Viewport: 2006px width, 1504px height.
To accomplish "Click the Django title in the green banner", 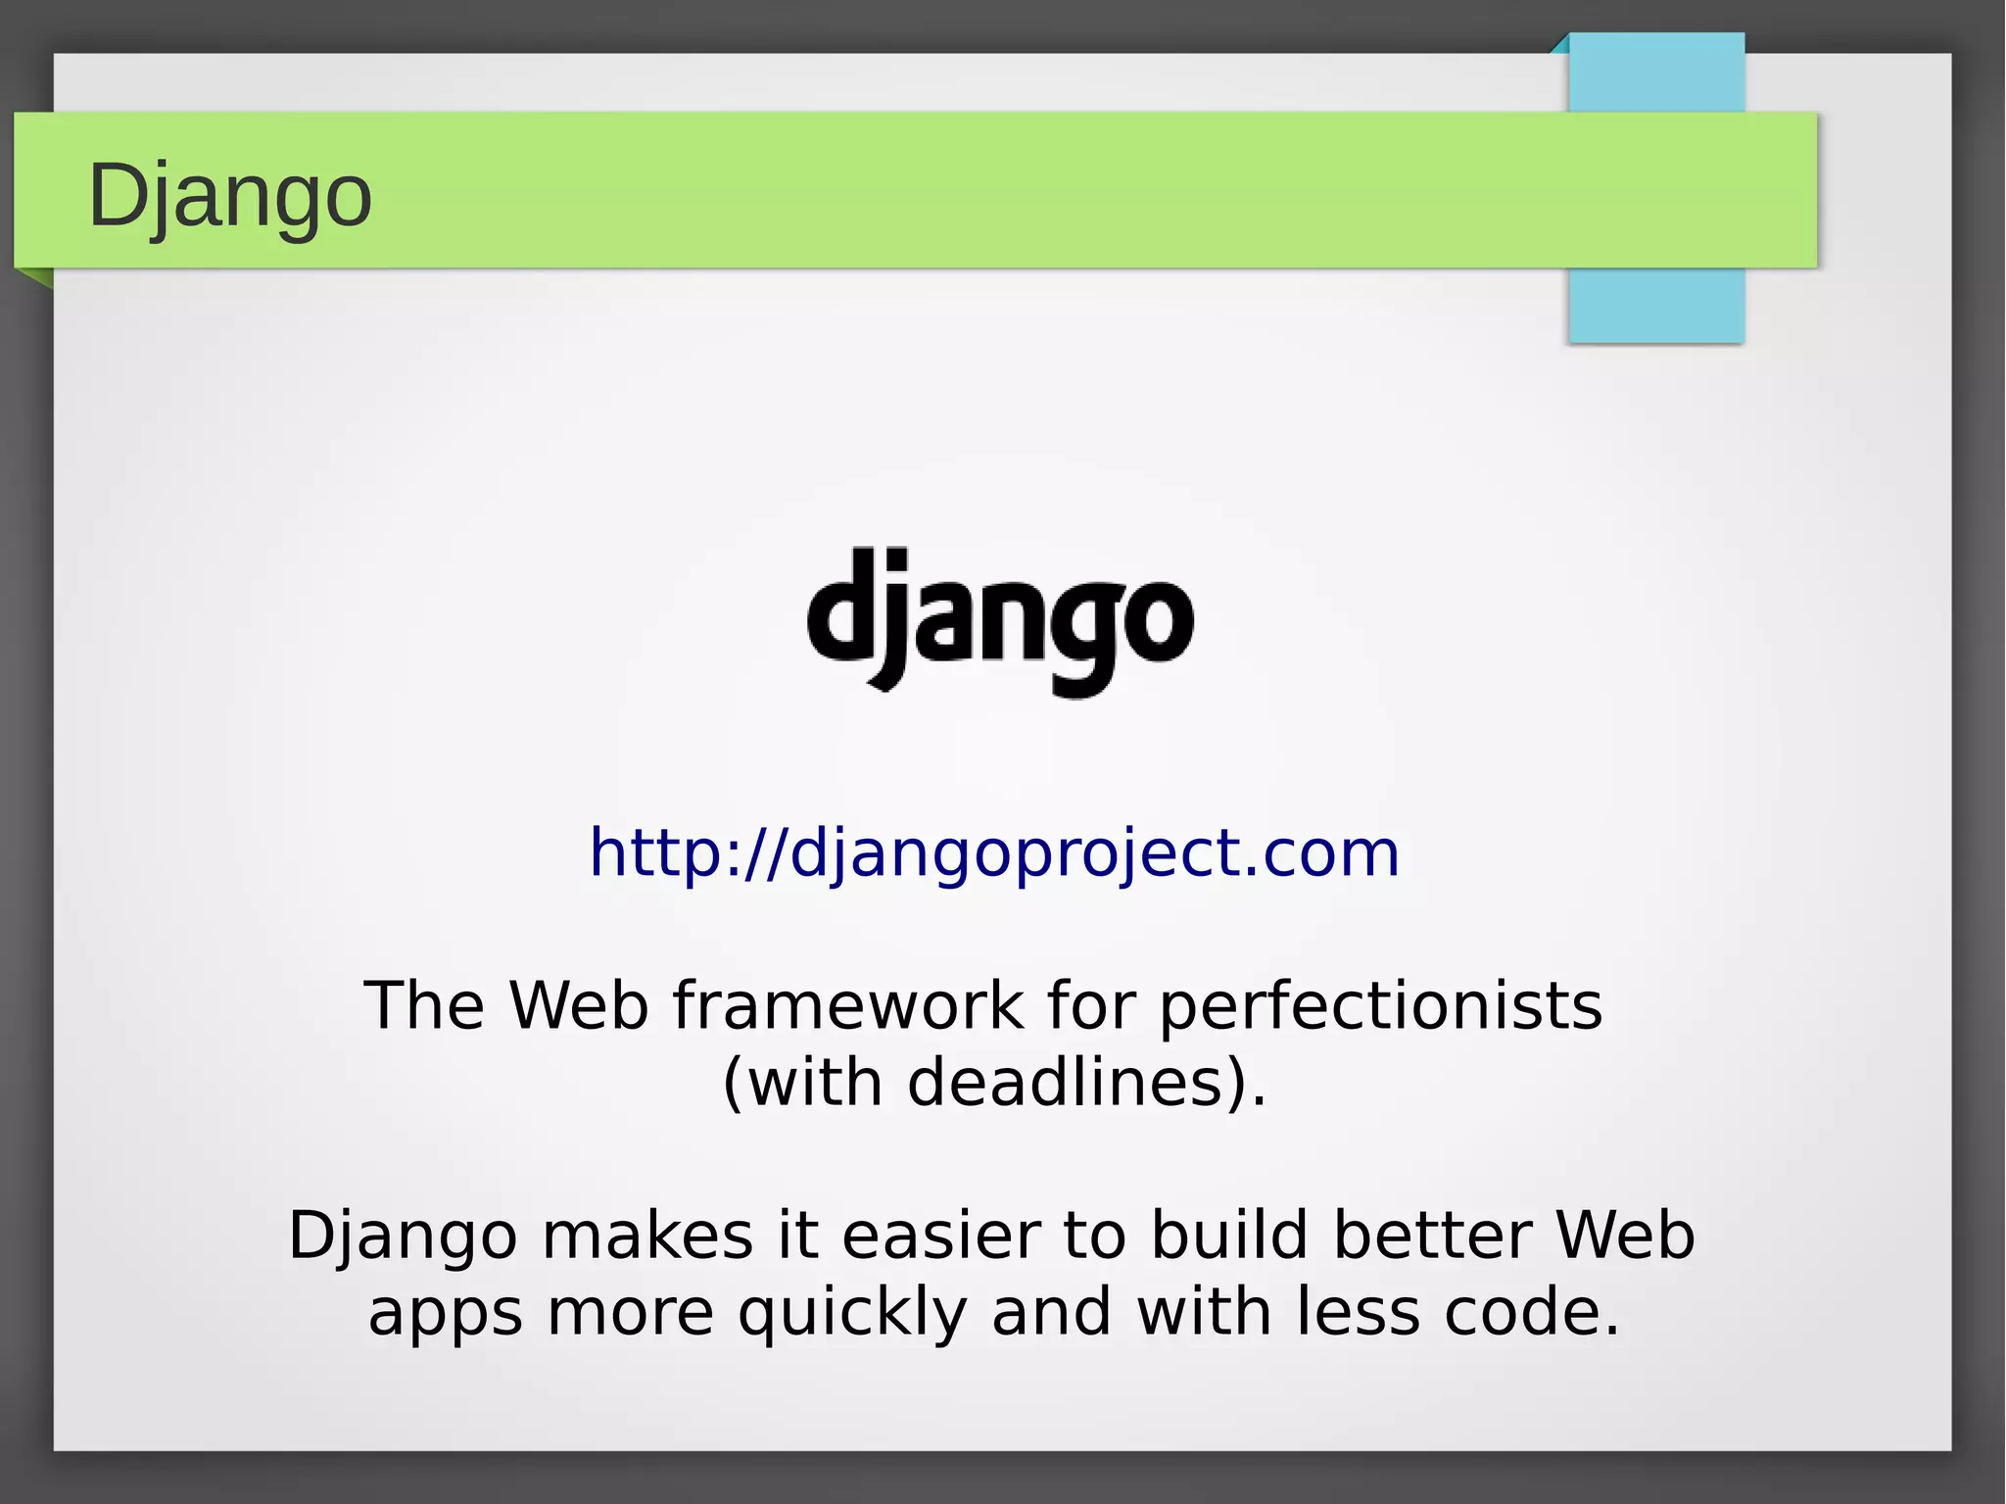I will [230, 196].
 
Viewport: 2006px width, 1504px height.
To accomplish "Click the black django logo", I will [1000, 621].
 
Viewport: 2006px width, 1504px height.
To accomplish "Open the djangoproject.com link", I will [994, 852].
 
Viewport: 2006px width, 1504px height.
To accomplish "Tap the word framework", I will [848, 1006].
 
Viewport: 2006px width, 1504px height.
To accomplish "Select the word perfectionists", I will [1381, 1006].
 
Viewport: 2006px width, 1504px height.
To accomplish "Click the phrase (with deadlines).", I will [994, 1084].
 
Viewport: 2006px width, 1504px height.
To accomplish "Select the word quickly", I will [852, 1313].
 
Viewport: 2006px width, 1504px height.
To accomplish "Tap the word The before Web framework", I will [424, 1006].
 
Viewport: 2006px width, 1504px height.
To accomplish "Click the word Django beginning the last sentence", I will [403, 1237].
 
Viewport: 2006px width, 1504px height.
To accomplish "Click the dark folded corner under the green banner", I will [37, 277].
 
